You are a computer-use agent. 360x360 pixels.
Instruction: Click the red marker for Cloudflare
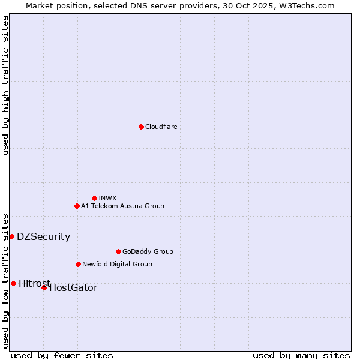[141, 127]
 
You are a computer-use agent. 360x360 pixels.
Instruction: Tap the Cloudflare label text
[161, 127]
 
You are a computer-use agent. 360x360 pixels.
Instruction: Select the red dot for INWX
[94, 198]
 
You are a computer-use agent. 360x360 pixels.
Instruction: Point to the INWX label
[107, 198]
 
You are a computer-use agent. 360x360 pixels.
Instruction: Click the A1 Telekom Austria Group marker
[77, 206]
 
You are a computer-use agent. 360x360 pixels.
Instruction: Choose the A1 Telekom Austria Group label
[122, 206]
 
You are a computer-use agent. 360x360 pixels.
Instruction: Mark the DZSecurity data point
[11, 236]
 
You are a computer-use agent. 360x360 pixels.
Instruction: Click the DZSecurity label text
[43, 236]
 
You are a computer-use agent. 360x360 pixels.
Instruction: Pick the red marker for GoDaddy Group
[118, 251]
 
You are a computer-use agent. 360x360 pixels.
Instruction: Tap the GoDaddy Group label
[148, 251]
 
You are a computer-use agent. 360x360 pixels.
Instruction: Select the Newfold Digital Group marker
[78, 264]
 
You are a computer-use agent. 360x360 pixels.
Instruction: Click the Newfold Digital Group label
[117, 264]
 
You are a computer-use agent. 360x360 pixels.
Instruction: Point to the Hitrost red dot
[13, 283]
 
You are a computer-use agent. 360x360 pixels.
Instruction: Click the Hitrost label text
[34, 283]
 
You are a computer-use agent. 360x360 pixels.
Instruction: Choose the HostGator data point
[44, 287]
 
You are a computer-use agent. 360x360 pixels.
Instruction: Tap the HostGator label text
[73, 288]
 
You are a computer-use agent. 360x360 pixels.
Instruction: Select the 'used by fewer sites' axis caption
[62, 355]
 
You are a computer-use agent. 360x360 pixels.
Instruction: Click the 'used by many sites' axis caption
[301, 355]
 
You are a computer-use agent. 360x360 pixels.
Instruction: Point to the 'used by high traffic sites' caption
[5, 85]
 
